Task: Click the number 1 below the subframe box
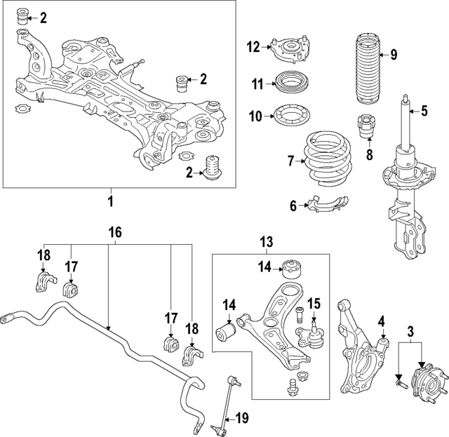[109, 203]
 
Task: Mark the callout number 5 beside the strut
[423, 110]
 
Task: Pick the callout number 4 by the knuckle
[382, 321]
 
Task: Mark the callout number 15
[314, 304]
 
